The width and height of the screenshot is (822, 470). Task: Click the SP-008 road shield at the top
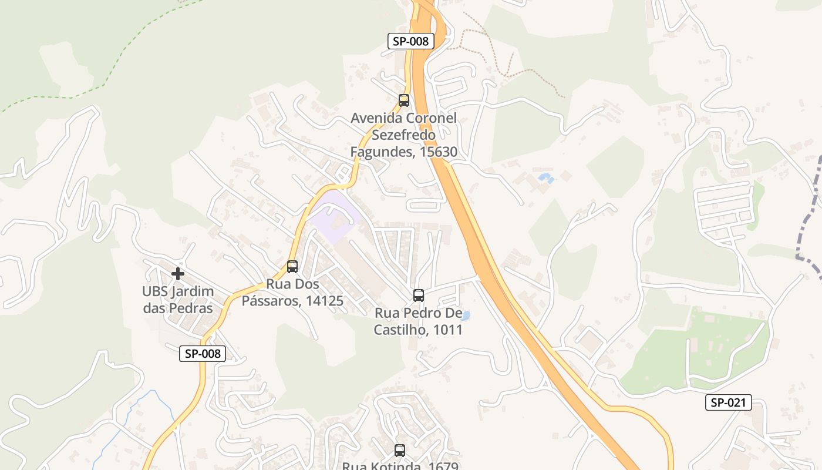[411, 41]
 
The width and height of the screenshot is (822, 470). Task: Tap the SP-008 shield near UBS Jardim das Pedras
[203, 353]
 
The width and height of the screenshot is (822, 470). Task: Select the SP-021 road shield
[728, 402]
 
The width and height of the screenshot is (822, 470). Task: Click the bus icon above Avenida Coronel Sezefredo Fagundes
[404, 100]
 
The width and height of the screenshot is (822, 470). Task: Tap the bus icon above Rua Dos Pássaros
[292, 266]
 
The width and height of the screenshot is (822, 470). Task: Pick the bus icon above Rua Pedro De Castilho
[419, 295]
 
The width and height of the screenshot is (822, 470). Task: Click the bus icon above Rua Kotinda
[400, 451]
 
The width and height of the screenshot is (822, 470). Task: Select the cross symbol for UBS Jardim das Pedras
[178, 273]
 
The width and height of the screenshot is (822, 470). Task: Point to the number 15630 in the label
[437, 152]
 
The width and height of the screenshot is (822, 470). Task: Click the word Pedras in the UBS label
[191, 308]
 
